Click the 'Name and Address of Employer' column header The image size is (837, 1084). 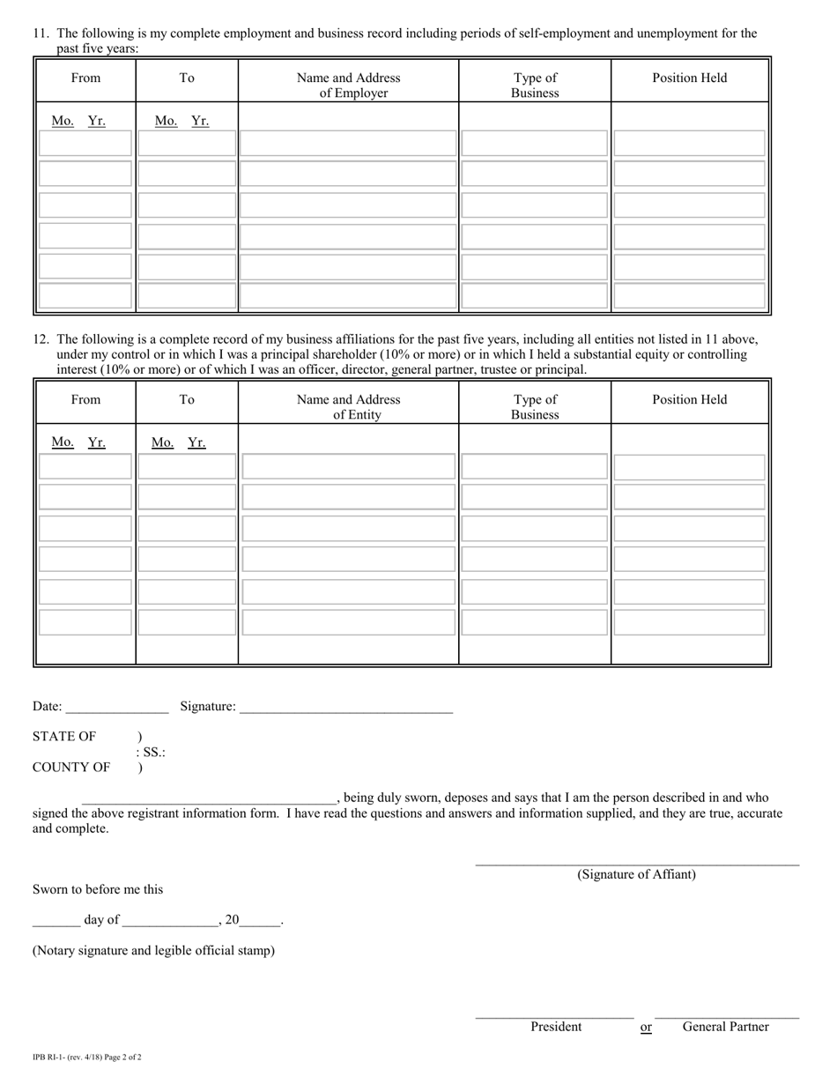[348, 85]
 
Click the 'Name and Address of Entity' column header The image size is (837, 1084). [348, 406]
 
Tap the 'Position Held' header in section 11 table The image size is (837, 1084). [690, 78]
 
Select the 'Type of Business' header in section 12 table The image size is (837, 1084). [535, 406]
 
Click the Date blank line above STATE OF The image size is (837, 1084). [116, 707]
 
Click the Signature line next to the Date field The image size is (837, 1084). [345, 707]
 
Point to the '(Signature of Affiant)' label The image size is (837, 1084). [636, 874]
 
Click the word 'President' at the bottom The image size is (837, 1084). [556, 1027]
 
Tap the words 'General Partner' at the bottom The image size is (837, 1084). [725, 1027]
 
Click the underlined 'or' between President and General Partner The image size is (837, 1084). [646, 1027]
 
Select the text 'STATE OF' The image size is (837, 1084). [64, 737]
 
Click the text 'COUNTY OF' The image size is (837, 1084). [71, 768]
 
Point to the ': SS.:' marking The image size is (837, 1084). [151, 753]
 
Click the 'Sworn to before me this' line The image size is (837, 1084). [98, 889]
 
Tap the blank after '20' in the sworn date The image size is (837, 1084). [259, 920]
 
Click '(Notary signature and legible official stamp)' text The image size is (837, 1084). [153, 951]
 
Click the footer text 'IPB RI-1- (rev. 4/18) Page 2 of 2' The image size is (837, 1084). [86, 1057]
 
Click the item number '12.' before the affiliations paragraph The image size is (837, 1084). [41, 338]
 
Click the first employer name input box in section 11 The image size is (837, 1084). [348, 143]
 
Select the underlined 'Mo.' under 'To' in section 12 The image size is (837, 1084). [162, 442]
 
